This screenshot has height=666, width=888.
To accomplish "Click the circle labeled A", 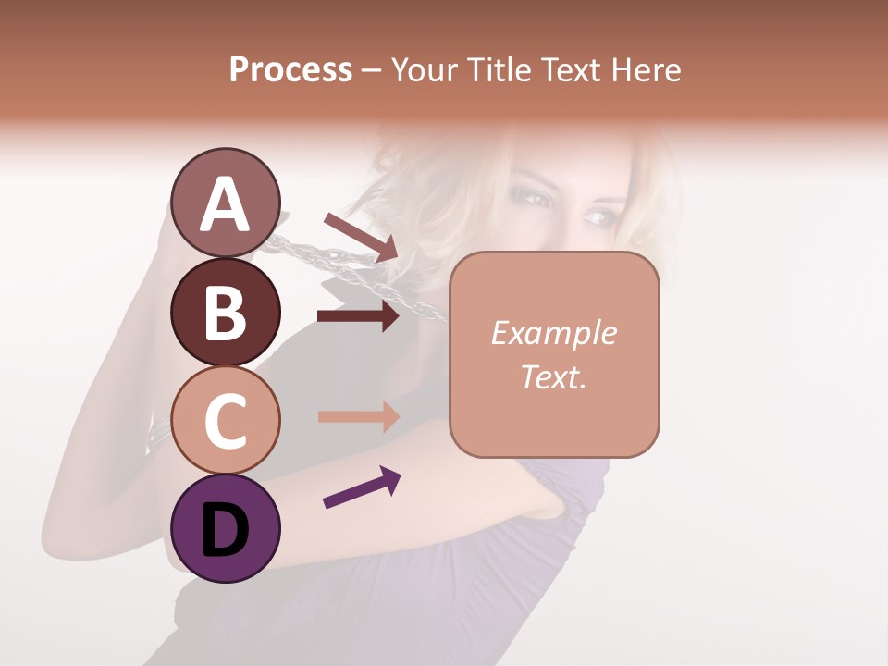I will (226, 203).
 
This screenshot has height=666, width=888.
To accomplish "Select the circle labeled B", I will (226, 312).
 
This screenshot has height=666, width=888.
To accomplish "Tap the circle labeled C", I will (226, 421).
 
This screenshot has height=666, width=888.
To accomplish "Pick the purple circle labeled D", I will (226, 529).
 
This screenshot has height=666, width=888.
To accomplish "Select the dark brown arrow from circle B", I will (359, 316).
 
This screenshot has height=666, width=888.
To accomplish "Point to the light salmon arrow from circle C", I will (359, 416).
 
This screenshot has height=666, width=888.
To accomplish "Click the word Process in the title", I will (290, 69).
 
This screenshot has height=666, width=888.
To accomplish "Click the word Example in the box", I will (553, 333).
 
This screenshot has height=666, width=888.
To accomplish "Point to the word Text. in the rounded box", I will (553, 376).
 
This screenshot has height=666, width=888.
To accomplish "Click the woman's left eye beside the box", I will (598, 217).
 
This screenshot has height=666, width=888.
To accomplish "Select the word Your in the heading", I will (423, 69).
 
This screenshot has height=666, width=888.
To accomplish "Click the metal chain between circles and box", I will (351, 268).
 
